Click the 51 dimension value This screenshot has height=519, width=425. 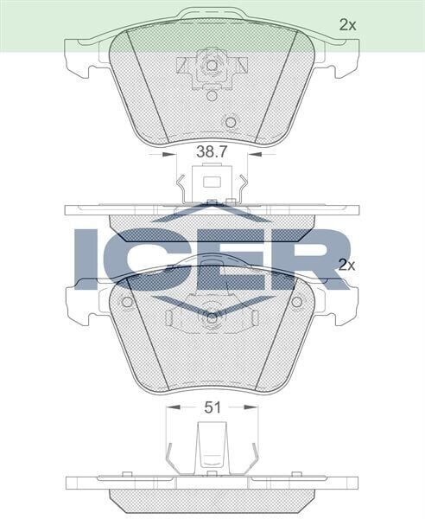click(212, 406)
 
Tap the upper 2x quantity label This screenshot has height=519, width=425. click(347, 25)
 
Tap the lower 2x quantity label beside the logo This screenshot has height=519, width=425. click(347, 265)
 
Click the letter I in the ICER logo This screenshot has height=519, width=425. click(88, 258)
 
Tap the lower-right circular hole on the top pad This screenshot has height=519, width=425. click(231, 122)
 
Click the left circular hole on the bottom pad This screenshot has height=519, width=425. click(127, 302)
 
